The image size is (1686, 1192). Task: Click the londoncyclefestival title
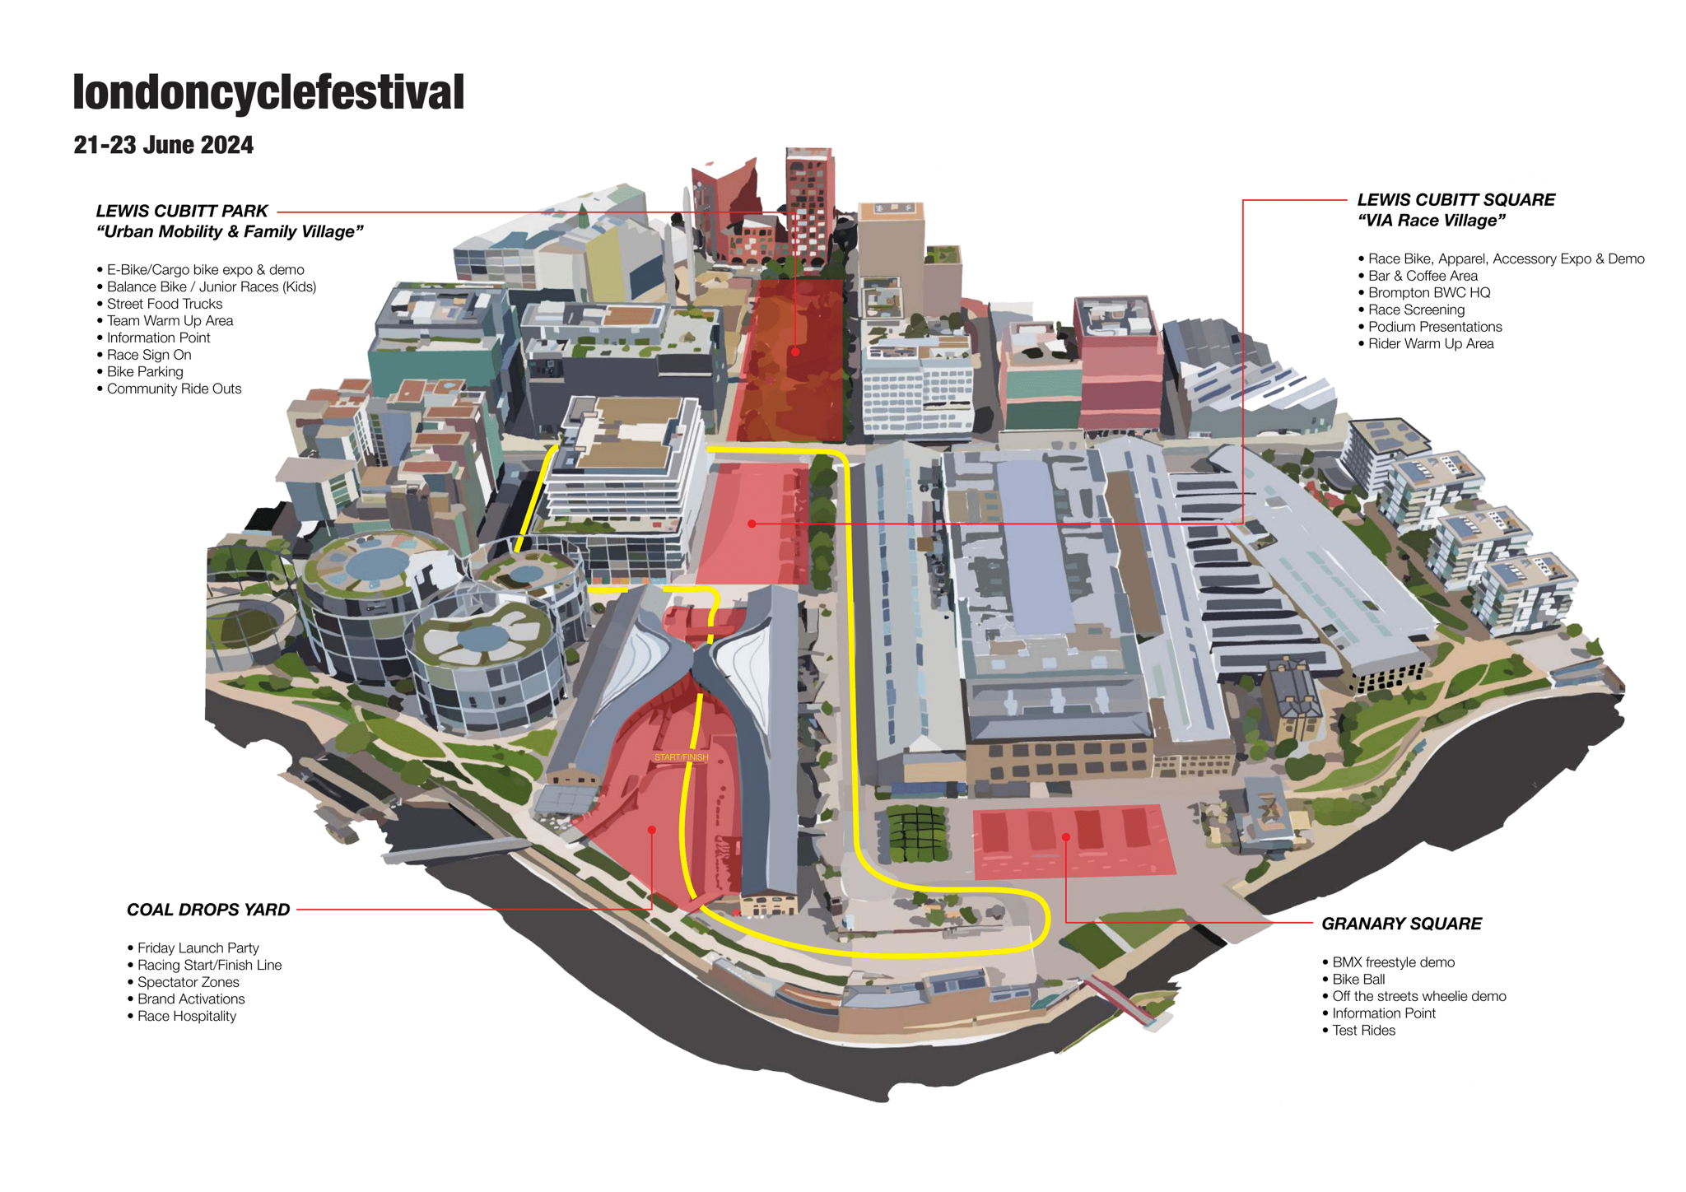coord(268,92)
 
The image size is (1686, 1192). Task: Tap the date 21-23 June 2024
coord(163,145)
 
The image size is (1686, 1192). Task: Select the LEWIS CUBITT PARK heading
coord(182,211)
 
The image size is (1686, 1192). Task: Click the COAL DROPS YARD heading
coord(208,910)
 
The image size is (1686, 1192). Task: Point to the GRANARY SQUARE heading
coord(1401,924)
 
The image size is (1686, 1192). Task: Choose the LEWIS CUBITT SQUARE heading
coord(1455,200)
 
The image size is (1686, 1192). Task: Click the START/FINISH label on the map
coord(681,757)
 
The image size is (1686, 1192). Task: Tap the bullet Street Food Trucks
coord(165,304)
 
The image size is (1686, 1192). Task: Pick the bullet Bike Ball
coord(1358,979)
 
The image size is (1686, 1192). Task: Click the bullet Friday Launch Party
coord(198,948)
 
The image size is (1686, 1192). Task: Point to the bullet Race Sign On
coord(149,355)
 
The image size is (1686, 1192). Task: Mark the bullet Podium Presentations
coord(1435,327)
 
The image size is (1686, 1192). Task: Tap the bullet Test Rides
coord(1363,1030)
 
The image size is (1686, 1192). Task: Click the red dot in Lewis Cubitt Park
coord(795,352)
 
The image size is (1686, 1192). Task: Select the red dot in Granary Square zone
coord(1065,837)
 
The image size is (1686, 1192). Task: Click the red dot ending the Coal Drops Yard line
coord(651,830)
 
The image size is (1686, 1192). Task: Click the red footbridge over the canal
coord(1120,1000)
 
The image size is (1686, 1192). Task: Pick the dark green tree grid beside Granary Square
coord(917,833)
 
